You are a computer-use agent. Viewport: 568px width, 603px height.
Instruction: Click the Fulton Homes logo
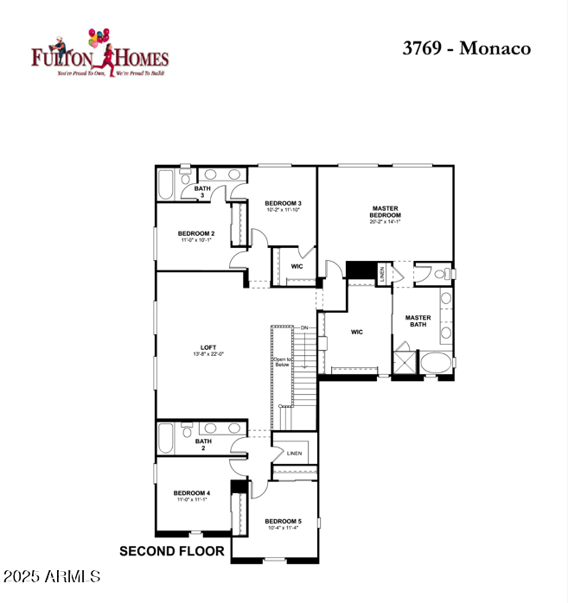pyautogui.click(x=99, y=53)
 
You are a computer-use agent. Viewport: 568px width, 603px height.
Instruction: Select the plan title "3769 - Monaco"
pyautogui.click(x=466, y=48)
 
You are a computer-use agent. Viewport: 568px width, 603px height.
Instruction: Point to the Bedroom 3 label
pyautogui.click(x=283, y=203)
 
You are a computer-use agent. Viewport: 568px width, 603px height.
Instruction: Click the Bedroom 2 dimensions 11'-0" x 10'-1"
pyautogui.click(x=195, y=240)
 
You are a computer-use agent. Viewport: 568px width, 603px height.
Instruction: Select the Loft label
pyautogui.click(x=208, y=346)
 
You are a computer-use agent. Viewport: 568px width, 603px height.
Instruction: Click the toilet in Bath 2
pyautogui.click(x=186, y=429)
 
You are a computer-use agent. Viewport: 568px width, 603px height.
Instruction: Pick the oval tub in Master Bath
pyautogui.click(x=436, y=363)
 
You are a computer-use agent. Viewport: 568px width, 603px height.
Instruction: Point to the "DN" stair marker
pyautogui.click(x=303, y=327)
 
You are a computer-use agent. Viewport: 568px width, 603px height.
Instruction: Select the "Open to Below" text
pyautogui.click(x=282, y=362)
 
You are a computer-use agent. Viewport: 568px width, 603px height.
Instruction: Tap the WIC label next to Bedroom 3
pyautogui.click(x=296, y=266)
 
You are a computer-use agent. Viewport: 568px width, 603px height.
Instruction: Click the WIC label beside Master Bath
pyautogui.click(x=356, y=331)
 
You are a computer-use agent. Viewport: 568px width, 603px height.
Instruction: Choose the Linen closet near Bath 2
pyautogui.click(x=294, y=453)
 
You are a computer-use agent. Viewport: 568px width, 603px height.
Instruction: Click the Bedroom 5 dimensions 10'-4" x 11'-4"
pyautogui.click(x=283, y=528)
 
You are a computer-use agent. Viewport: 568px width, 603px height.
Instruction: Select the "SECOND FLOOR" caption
pyautogui.click(x=171, y=551)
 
